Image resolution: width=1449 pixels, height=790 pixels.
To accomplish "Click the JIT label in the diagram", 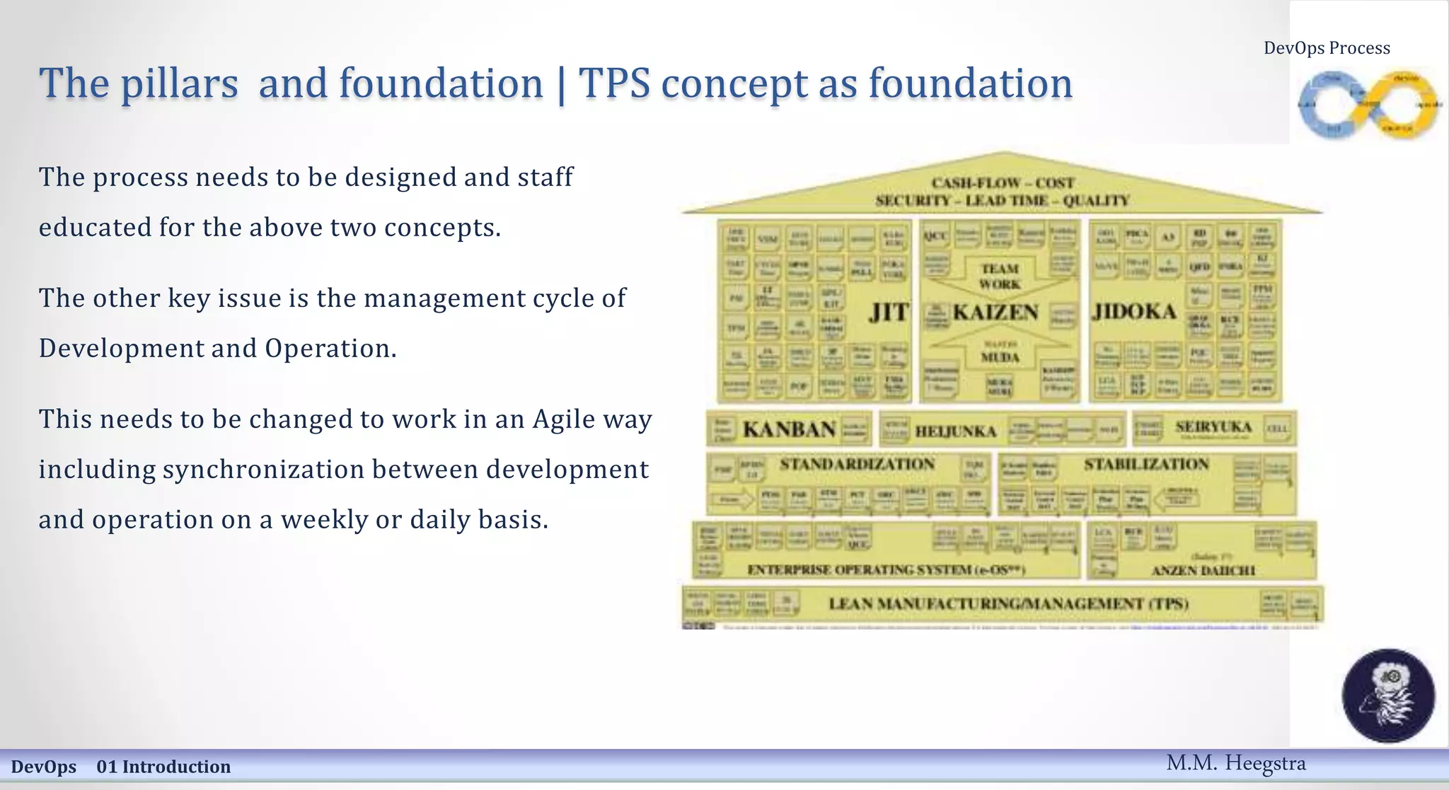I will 889,312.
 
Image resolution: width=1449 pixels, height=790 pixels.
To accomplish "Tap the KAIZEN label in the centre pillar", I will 995,312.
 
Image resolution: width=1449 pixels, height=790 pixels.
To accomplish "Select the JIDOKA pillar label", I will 1134,312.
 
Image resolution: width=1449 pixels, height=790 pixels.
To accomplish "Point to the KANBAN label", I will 789,429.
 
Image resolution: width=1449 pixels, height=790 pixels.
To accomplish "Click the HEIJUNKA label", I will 955,431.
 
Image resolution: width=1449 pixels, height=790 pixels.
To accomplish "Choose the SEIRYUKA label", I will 1213,427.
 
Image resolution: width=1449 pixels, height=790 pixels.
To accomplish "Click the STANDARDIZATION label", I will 857,465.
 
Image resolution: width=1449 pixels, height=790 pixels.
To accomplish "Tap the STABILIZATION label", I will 1146,465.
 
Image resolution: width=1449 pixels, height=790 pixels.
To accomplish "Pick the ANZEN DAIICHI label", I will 1203,570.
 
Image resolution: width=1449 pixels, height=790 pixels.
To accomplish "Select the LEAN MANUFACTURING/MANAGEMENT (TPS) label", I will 1008,603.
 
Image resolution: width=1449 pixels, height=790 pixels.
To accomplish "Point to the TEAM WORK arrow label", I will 1000,277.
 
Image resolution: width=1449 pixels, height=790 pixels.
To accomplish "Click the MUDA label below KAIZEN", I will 1000,357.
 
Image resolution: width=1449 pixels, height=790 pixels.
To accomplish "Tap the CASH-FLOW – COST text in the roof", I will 1003,183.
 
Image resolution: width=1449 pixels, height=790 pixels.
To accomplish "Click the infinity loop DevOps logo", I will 1368,105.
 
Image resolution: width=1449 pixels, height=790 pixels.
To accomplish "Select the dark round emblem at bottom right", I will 1388,695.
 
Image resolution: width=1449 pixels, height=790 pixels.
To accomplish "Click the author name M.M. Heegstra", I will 1235,763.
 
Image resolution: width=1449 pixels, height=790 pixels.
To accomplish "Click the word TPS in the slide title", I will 614,83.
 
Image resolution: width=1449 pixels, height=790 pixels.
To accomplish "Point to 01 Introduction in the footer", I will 163,767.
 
